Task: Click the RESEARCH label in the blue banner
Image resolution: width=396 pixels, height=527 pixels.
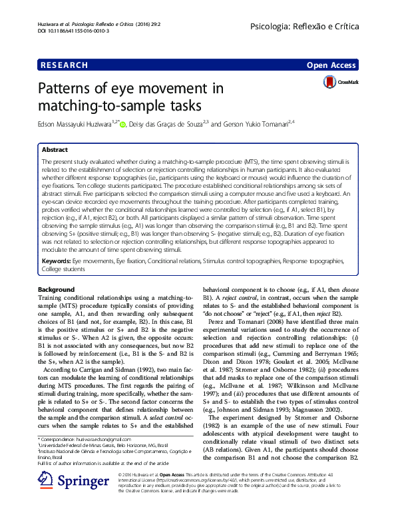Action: coord(64,65)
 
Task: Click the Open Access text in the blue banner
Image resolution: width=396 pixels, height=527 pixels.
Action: coord(332,65)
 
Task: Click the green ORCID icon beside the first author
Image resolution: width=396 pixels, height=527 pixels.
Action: coord(122,124)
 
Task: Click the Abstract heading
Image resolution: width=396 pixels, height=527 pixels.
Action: coord(55,151)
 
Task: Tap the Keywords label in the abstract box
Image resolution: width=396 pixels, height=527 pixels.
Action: coord(57,263)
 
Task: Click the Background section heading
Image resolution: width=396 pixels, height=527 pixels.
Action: coord(57,289)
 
